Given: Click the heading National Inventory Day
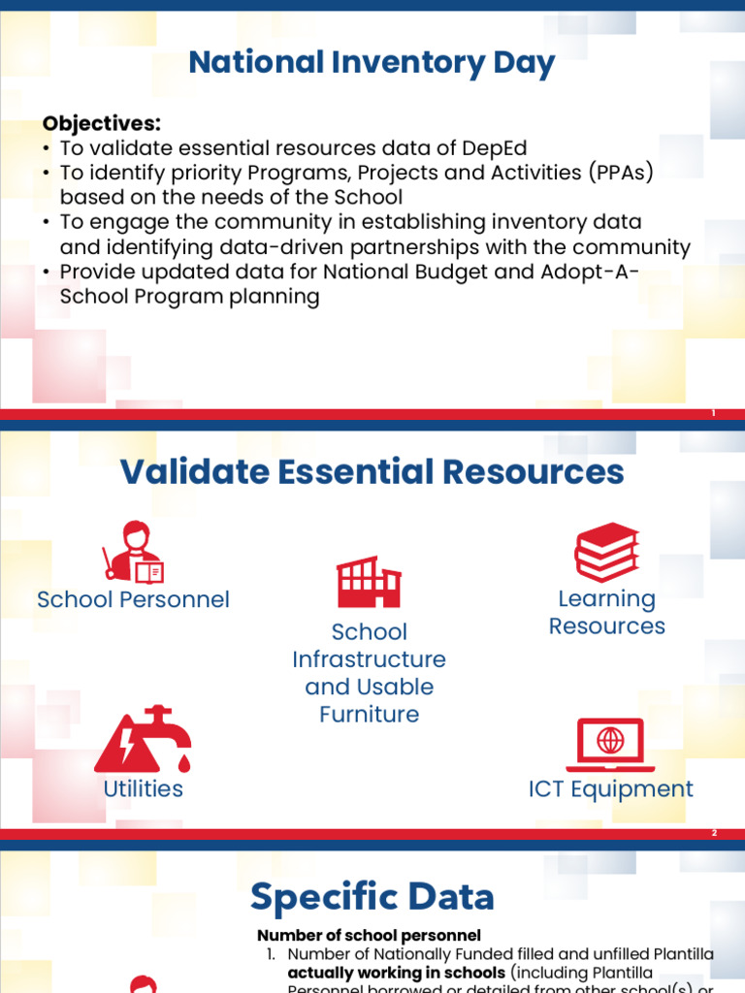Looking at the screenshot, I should pos(372,63).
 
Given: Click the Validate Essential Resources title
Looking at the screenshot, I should pos(372,472).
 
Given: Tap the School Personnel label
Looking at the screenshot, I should pos(133,599).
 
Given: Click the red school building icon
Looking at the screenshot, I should pos(369,582).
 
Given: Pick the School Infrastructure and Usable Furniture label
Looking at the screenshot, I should pos(369,673).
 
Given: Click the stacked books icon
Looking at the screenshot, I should pos(606,552).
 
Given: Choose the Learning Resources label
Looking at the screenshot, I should pos(606,612).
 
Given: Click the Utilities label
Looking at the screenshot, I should pos(143,788).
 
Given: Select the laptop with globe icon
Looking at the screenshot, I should pos(610,743).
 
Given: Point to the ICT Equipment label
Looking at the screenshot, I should pos(610,788).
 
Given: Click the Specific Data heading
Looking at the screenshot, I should pos(372,897).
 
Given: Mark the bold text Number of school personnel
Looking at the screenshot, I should pos(369,936).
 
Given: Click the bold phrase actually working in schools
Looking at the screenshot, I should pos(397,973).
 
